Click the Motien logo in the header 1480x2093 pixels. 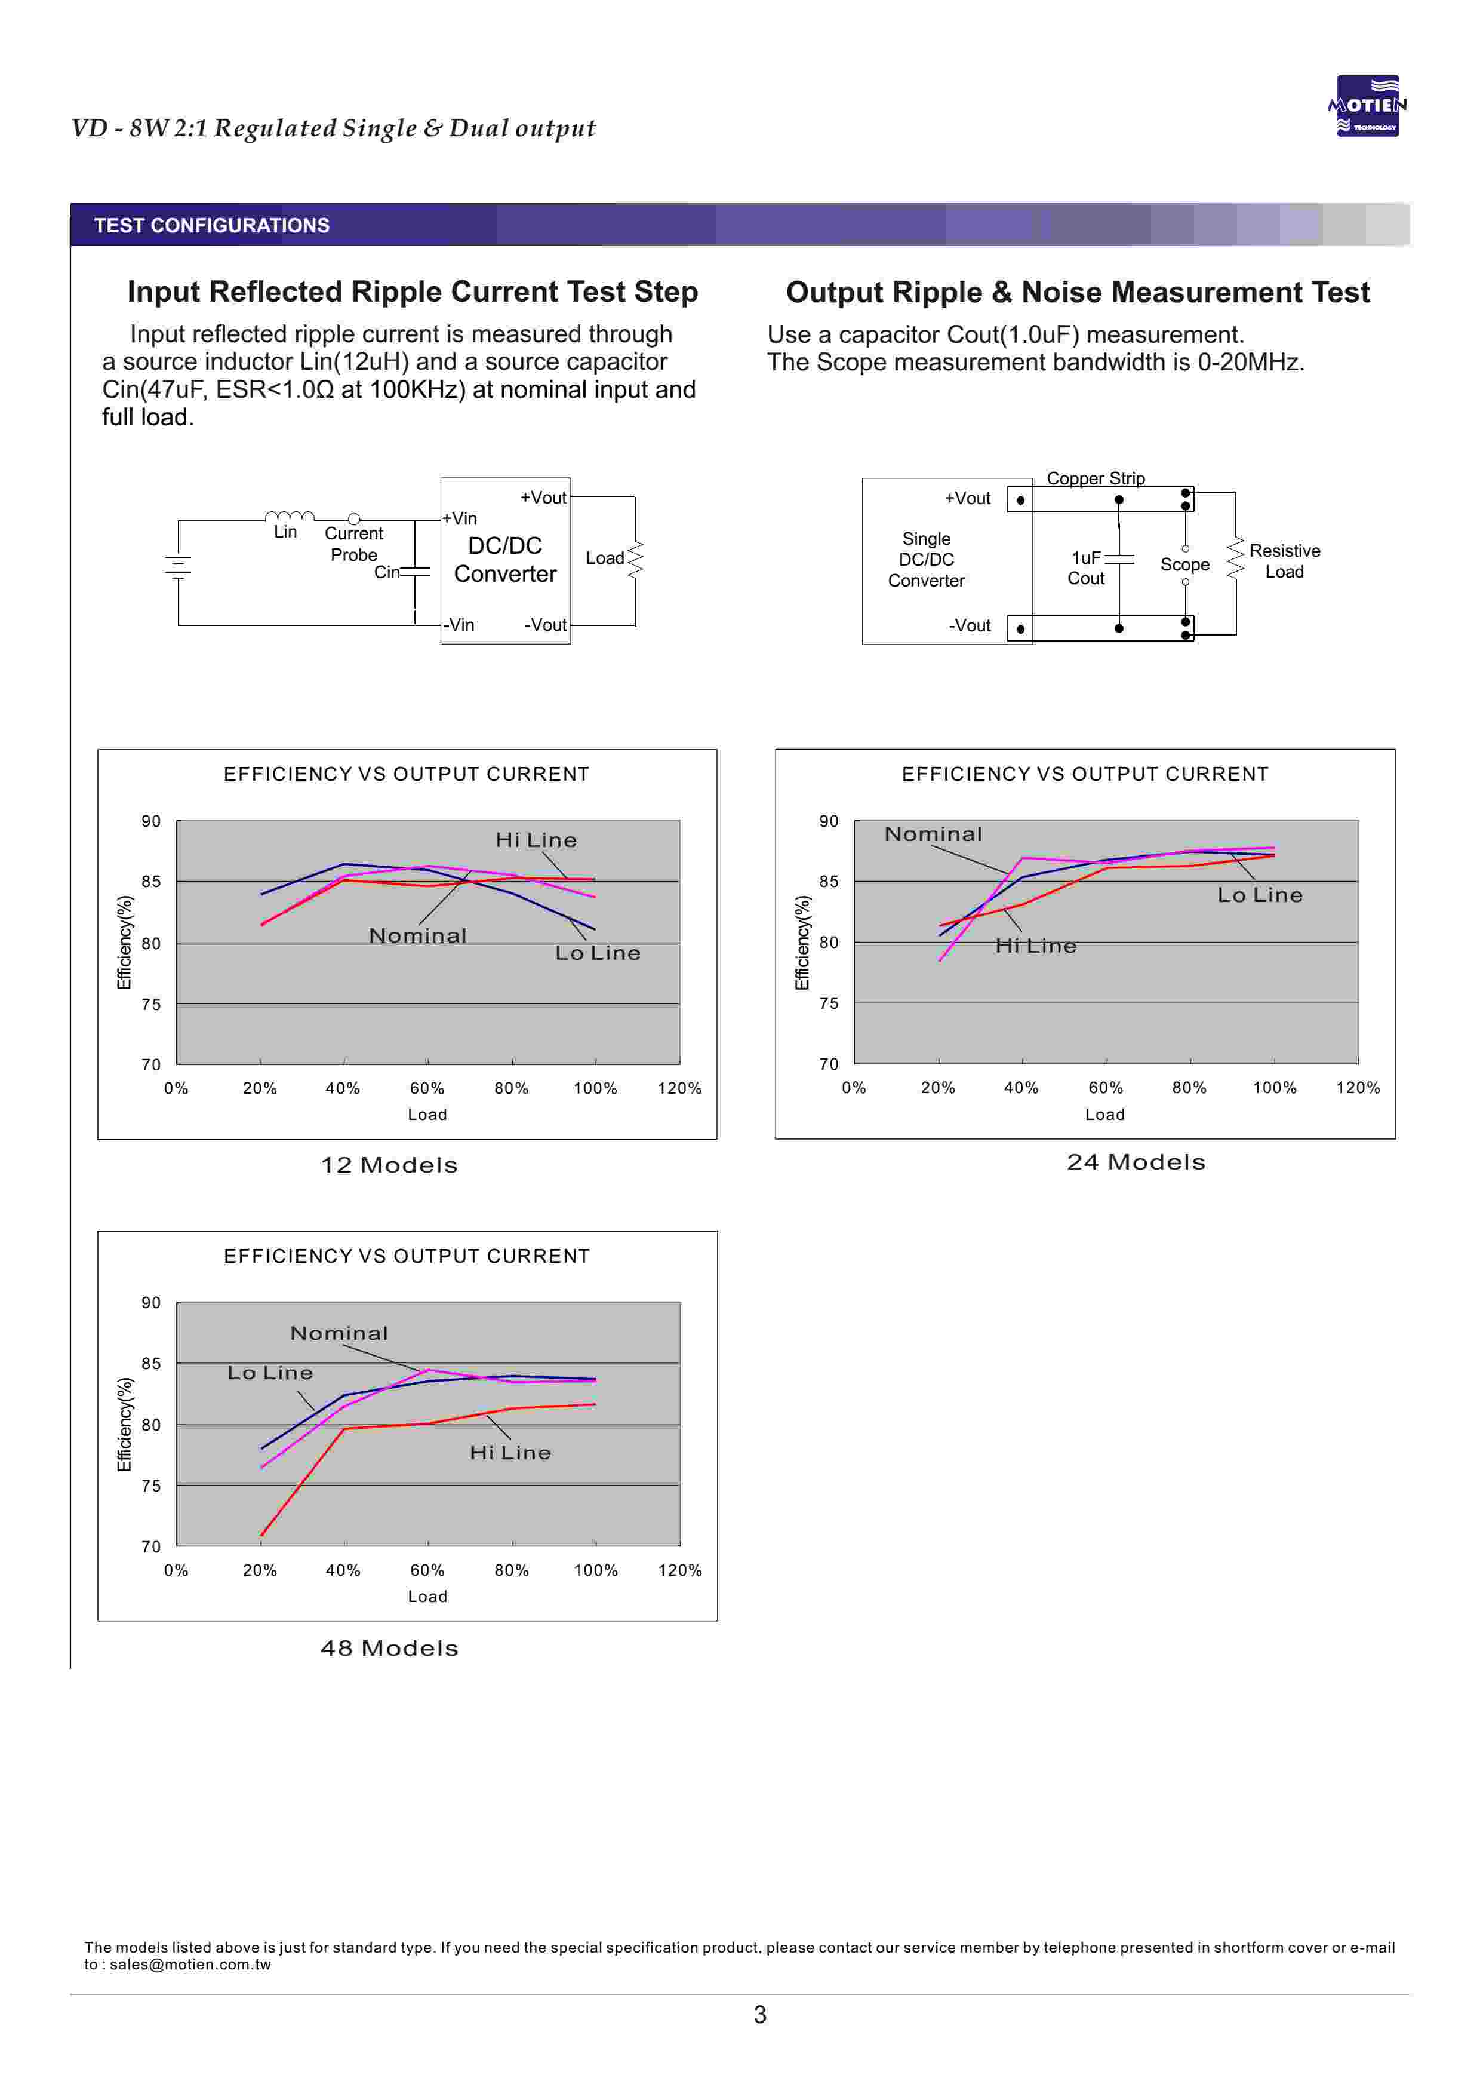click(1367, 106)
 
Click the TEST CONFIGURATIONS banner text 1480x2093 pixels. click(211, 225)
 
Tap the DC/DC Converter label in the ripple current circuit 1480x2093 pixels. click(505, 560)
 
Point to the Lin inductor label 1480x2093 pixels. click(285, 532)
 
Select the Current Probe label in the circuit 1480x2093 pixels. click(353, 544)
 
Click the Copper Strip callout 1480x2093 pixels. click(1096, 478)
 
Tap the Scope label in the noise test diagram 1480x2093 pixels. click(1184, 564)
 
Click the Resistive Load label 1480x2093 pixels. click(1284, 561)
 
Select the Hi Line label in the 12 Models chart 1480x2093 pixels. click(536, 840)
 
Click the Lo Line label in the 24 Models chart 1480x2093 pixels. click(1260, 895)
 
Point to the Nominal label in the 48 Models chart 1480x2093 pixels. click(339, 1333)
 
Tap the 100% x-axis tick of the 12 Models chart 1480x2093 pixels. click(595, 1088)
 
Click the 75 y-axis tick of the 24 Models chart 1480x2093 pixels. click(829, 1003)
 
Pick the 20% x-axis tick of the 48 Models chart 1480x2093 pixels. click(260, 1570)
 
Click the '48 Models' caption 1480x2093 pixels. click(389, 1648)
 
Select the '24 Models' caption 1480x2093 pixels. click(1136, 1162)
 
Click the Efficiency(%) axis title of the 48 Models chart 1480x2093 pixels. click(125, 1424)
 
